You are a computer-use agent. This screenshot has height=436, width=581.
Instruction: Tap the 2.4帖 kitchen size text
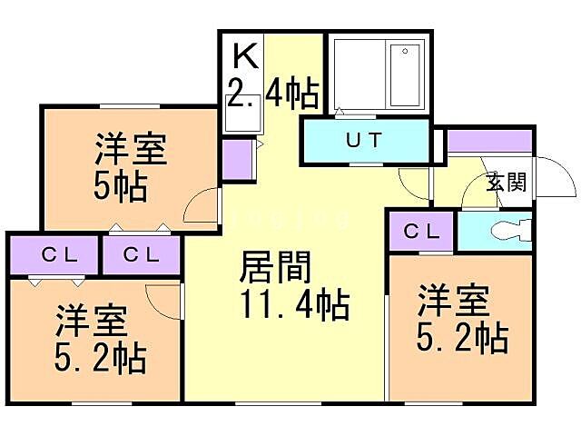click(x=272, y=93)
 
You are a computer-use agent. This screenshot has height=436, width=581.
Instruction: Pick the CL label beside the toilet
click(x=421, y=231)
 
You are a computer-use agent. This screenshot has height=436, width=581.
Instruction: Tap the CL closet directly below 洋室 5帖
click(x=141, y=254)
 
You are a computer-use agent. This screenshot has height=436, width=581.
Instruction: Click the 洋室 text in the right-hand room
click(x=453, y=301)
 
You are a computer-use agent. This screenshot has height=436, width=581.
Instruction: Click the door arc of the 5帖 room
click(x=202, y=207)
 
